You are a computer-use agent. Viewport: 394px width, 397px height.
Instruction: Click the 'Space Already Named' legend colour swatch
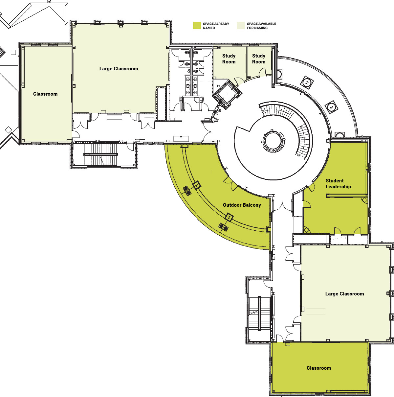[x=197, y=26]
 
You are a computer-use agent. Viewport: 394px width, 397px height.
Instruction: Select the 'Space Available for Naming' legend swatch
[x=241, y=26]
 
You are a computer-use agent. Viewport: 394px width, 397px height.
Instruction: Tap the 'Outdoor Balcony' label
[x=242, y=205]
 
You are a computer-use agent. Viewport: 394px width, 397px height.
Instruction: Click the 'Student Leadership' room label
[x=338, y=184]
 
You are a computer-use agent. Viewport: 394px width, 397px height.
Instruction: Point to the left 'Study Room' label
[x=229, y=59]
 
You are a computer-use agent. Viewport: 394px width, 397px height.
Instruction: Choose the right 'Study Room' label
[x=259, y=59]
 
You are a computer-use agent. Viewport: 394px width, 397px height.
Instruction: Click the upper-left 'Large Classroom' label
[x=119, y=69]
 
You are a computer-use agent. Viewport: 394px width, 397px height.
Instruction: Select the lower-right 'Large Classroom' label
[x=344, y=294]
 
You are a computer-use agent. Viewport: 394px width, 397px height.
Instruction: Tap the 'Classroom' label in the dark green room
[x=319, y=368]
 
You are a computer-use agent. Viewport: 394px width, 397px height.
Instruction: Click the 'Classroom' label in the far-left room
[x=45, y=94]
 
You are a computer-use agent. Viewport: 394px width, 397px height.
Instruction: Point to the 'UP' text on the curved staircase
[x=299, y=155]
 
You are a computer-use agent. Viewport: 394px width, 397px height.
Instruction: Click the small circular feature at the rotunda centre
[x=273, y=141]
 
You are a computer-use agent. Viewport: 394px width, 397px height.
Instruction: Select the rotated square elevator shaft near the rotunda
[x=228, y=95]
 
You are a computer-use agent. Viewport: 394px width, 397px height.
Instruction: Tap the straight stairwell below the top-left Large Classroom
[x=100, y=155]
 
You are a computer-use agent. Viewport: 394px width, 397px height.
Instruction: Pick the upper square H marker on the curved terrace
[x=307, y=82]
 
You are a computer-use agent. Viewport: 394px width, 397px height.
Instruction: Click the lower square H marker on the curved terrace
[x=331, y=107]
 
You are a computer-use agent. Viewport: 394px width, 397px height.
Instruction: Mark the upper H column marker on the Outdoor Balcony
[x=197, y=185]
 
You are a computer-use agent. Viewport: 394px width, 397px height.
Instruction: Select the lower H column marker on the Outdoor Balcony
[x=229, y=217]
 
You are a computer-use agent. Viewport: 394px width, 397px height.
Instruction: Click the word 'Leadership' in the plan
[x=338, y=187]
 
